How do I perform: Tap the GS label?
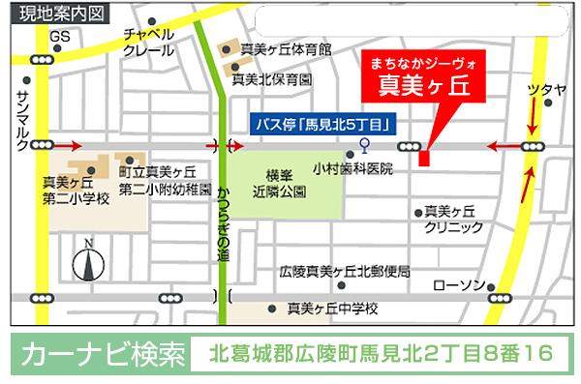coord(61,37)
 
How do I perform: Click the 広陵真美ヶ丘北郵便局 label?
coord(344,271)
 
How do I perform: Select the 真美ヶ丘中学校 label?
coord(332,310)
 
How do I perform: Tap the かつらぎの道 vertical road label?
coord(224,222)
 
